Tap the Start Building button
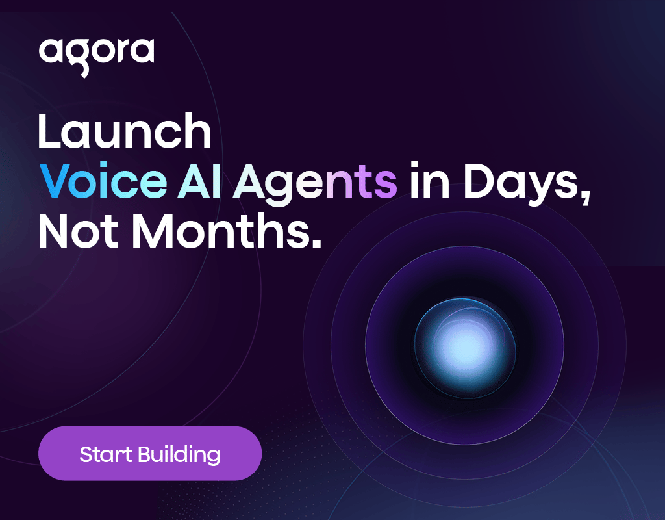(x=150, y=453)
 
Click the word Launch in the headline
(x=125, y=131)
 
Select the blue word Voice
(x=103, y=181)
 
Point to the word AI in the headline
(x=199, y=181)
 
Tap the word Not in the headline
(x=79, y=231)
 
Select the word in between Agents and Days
(x=429, y=180)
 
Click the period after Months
(x=316, y=243)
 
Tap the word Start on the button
(x=106, y=454)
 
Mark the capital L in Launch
(x=48, y=131)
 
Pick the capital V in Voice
(x=55, y=181)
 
